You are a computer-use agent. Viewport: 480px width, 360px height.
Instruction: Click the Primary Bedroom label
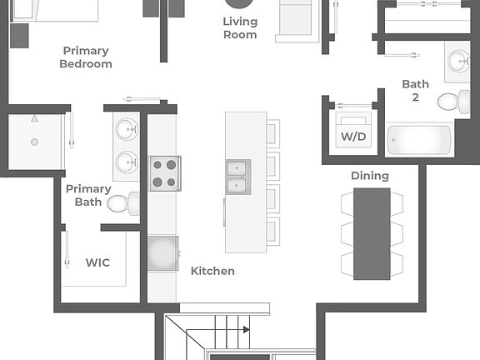[86, 57]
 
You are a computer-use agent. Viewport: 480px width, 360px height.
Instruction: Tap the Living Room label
[240, 28]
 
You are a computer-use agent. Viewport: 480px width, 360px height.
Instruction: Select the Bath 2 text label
[415, 91]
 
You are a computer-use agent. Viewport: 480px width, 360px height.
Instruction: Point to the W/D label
[352, 135]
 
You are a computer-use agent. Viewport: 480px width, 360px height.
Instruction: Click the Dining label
[369, 176]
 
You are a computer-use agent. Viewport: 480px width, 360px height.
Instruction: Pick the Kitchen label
[212, 271]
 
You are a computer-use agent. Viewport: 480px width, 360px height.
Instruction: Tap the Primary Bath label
[88, 195]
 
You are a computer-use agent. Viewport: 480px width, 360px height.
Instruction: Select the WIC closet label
[97, 262]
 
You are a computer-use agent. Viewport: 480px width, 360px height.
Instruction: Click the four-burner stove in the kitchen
[163, 173]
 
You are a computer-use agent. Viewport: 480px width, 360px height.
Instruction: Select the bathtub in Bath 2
[421, 139]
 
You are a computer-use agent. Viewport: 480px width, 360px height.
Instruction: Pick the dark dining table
[372, 233]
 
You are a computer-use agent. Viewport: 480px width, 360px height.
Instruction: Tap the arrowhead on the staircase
[246, 330]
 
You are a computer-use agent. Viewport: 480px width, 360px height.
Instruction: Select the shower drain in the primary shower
[34, 142]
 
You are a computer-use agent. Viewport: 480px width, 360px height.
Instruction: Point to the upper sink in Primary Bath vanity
[127, 129]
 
